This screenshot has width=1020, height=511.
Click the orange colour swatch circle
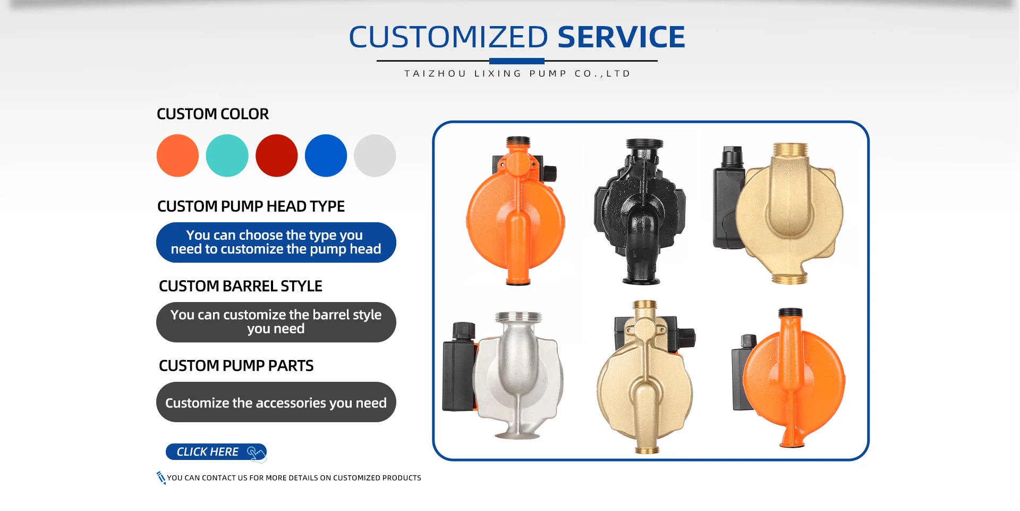[177, 155]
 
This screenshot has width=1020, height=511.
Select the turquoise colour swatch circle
[227, 155]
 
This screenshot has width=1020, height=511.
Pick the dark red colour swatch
[276, 155]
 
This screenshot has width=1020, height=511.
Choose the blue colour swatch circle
[326, 155]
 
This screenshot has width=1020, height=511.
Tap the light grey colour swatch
[375, 155]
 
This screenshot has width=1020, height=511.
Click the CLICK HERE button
[216, 452]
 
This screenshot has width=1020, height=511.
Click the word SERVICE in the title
[621, 37]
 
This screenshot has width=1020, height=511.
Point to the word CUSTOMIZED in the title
[448, 37]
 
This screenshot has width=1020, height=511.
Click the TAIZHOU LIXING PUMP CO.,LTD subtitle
[517, 73]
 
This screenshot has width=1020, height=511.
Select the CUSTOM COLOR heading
[212, 114]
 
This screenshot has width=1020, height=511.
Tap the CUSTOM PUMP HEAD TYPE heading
[251, 206]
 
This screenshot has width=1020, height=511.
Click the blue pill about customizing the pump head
[276, 242]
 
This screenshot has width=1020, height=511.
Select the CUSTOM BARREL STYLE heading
[241, 286]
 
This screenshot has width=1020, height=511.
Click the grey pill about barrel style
[276, 322]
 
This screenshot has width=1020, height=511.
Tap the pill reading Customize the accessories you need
[276, 402]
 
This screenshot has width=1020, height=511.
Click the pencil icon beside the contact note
[161, 478]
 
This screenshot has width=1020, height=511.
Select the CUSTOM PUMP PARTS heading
[236, 366]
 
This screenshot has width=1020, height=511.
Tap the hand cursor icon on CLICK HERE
[256, 453]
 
